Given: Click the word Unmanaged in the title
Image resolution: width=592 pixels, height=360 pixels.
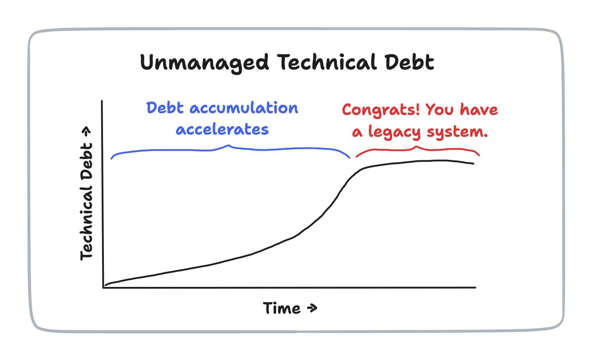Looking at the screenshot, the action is click(204, 63).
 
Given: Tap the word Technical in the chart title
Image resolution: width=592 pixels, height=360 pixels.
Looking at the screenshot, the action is click(327, 62).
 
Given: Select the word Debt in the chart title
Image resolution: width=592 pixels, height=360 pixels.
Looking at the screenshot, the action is click(409, 62).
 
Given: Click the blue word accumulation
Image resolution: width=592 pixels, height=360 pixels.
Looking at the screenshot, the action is click(244, 108).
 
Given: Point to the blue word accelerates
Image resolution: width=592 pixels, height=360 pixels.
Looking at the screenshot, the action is click(222, 129).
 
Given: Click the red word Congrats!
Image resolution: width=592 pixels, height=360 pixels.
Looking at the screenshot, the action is click(381, 110).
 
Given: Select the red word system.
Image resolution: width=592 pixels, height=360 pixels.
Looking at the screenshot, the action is click(457, 132).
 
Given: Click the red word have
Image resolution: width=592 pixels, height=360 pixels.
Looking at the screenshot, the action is click(479, 109).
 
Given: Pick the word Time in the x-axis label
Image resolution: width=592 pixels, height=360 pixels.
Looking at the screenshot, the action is click(282, 308).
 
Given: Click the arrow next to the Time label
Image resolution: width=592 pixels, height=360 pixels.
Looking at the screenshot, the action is click(312, 308).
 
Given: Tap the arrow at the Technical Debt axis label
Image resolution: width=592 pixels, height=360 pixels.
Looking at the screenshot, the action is click(86, 132).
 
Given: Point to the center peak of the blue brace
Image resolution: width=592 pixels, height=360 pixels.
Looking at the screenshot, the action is click(229, 145).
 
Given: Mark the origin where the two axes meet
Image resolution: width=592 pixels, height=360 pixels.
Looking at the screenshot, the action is click(103, 287).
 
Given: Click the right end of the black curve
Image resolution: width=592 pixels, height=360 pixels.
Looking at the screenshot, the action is click(473, 164).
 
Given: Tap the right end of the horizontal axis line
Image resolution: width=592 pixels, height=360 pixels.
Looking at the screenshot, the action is click(476, 287).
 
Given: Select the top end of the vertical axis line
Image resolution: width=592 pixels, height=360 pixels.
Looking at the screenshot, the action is click(102, 101).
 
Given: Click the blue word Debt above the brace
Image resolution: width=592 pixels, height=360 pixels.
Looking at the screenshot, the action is click(165, 108).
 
